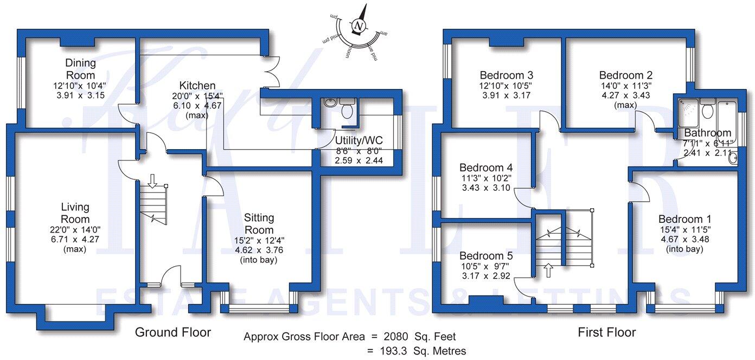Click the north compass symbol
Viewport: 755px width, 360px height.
tap(359, 25)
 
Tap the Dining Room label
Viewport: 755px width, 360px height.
tap(80, 69)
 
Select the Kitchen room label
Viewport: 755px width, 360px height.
tap(197, 86)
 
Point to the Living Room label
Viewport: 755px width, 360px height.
tap(75, 213)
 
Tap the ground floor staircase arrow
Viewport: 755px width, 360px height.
tap(152, 181)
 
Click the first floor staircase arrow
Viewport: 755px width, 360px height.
tap(547, 269)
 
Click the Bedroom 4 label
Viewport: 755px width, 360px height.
tap(486, 168)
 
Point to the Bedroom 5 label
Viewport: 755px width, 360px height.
tap(486, 255)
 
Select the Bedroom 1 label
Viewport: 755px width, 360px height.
tap(684, 219)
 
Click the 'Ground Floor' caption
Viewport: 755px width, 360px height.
tap(172, 332)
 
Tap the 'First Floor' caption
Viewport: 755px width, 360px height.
tap(607, 332)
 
